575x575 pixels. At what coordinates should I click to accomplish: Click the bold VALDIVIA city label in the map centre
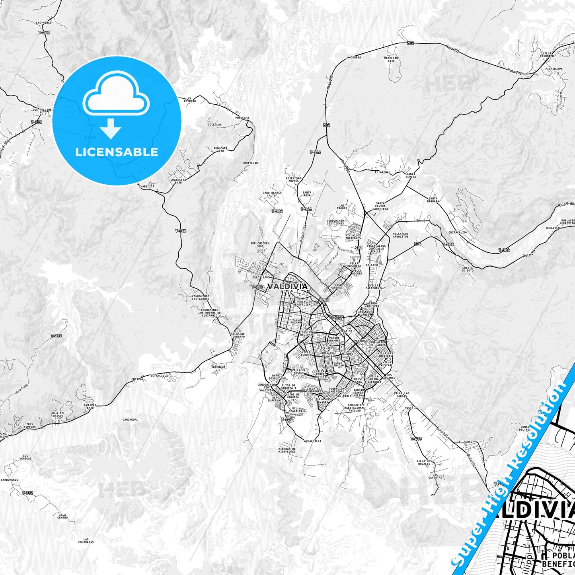coord(287,287)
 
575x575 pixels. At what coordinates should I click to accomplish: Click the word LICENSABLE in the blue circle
coord(117,152)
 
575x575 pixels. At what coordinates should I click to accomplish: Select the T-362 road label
coord(44,33)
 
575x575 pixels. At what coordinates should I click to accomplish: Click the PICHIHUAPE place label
coord(554,69)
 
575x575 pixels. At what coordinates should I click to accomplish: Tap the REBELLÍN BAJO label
coord(391,60)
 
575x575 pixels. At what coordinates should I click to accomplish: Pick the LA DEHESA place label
coord(353,57)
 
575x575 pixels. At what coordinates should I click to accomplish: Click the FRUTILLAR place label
coord(250,163)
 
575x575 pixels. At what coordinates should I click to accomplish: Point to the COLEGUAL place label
coord(214,125)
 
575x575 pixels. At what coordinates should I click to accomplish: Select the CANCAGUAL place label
coord(130,419)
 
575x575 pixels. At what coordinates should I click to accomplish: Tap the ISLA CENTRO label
coord(62,516)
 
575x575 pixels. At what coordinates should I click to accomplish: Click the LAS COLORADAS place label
coord(86,541)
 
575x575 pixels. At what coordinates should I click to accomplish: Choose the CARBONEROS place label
coord(9,480)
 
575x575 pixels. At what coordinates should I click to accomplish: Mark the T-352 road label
coord(27,493)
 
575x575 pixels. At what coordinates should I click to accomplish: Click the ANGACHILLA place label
coord(312,441)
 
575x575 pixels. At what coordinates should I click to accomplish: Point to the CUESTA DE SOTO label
coord(468,269)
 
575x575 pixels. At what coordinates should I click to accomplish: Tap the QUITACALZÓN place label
coord(458,232)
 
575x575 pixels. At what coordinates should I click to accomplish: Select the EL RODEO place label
coord(466,442)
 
